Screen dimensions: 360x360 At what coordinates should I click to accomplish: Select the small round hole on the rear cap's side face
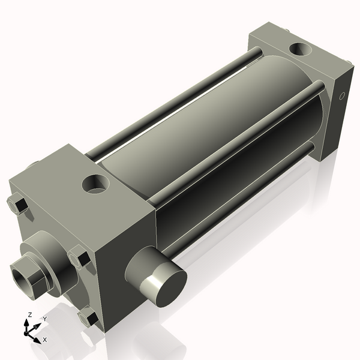[x=343, y=95]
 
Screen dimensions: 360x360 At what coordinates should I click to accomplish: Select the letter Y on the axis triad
[x=44, y=319]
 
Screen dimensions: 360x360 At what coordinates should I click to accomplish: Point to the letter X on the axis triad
[x=45, y=340]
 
